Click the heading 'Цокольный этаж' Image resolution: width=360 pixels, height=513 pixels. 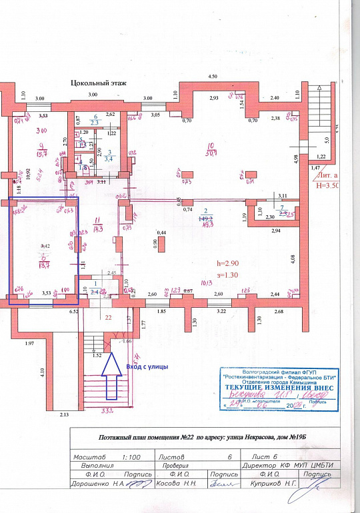pos(99,83)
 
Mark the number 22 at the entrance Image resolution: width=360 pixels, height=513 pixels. pos(108,317)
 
